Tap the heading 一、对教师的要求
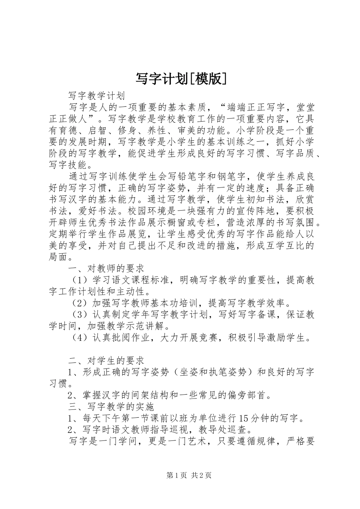[106, 269]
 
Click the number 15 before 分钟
[245, 418]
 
